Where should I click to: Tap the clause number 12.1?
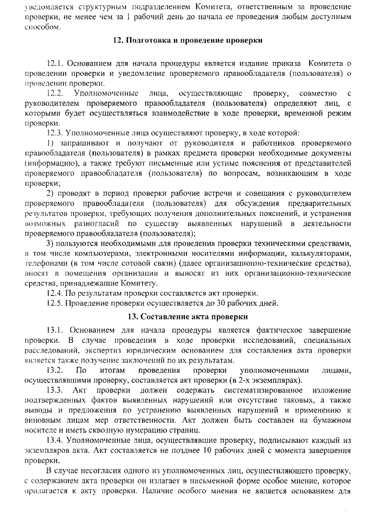point(56,63)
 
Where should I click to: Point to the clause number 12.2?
point(56,93)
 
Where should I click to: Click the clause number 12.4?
point(56,293)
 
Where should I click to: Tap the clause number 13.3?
point(57,390)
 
